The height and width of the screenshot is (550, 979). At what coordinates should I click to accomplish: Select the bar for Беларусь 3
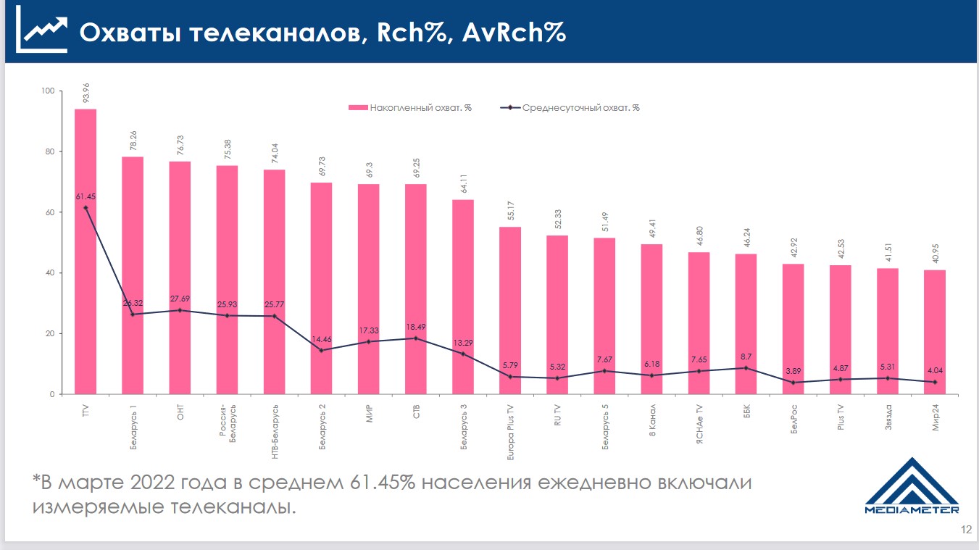[x=462, y=297]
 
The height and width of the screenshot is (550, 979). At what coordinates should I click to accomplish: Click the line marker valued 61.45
[x=86, y=208]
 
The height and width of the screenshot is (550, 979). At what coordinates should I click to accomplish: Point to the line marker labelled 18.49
[x=415, y=338]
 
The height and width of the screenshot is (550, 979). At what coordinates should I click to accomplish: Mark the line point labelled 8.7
[x=746, y=368]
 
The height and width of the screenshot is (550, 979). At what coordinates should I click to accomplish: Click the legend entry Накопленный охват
[x=410, y=108]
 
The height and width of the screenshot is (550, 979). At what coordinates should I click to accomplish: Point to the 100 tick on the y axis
[x=48, y=91]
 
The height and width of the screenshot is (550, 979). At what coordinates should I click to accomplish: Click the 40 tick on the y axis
[x=50, y=273]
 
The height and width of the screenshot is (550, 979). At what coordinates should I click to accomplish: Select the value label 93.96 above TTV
[x=86, y=93]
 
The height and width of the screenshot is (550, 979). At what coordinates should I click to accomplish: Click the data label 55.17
[x=510, y=212]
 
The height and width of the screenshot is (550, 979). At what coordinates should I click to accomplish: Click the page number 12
[x=965, y=530]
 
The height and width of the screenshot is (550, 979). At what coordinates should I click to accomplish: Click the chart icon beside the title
[x=41, y=33]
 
